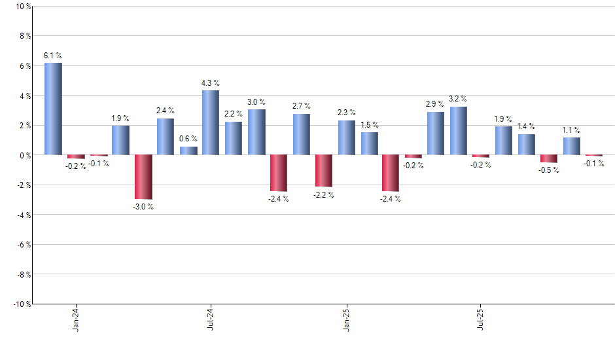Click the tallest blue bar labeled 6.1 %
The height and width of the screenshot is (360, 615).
(x=53, y=109)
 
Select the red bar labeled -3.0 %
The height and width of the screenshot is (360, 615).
(x=143, y=177)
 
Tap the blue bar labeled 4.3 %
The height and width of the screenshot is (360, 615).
(x=211, y=122)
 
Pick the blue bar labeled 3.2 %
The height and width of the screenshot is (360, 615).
(x=459, y=131)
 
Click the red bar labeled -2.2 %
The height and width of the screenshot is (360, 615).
(x=324, y=171)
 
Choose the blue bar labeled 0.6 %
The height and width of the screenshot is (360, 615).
(x=188, y=151)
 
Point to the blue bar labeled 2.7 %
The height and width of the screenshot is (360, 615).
(x=301, y=134)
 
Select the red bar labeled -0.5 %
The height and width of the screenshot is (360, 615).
(x=549, y=158)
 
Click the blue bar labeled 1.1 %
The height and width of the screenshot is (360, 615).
(x=572, y=146)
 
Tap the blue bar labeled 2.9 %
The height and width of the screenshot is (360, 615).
(x=436, y=133)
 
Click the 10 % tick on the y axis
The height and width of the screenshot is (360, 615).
(x=22, y=7)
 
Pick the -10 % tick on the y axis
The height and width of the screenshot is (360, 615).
(x=20, y=304)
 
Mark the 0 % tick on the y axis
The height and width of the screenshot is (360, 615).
(x=24, y=155)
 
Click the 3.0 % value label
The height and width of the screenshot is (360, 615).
(x=256, y=101)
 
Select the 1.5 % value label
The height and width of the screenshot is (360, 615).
(x=370, y=124)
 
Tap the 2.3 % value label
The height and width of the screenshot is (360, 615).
(x=347, y=113)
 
